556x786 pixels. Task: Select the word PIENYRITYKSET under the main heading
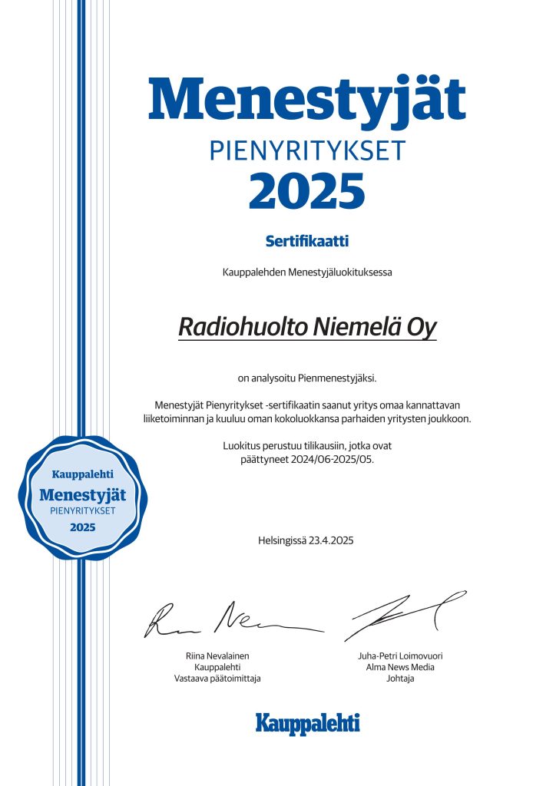[x=306, y=150]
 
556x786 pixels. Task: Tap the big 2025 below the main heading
[x=306, y=191]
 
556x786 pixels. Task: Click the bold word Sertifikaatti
[x=307, y=242]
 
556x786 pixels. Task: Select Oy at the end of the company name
[x=422, y=328]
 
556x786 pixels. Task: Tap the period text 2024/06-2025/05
[x=340, y=459]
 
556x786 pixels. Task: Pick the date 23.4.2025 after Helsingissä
[x=332, y=541]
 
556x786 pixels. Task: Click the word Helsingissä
[x=282, y=541]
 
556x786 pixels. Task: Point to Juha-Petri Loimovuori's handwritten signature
[x=403, y=614]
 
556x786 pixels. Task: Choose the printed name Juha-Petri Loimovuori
[x=400, y=656]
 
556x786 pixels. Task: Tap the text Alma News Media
[x=400, y=668]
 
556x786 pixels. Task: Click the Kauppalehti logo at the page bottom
[x=307, y=722]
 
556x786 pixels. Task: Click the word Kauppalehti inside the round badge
[x=82, y=475]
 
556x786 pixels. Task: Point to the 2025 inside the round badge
[x=82, y=527]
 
